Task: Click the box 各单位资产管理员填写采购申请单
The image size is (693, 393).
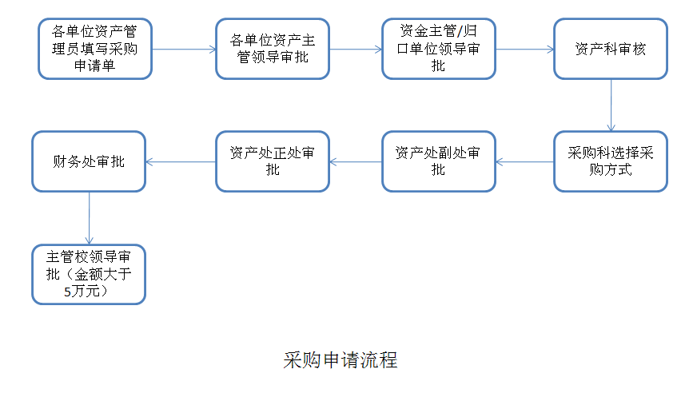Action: pyautogui.click(x=95, y=49)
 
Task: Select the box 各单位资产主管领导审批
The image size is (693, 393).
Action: pyautogui.click(x=273, y=49)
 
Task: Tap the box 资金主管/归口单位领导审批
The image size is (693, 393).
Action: pyautogui.click(x=439, y=49)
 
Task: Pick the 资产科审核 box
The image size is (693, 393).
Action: pyautogui.click(x=610, y=49)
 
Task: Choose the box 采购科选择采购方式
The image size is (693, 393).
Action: pyautogui.click(x=610, y=161)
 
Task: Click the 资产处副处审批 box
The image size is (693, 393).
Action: pyautogui.click(x=439, y=161)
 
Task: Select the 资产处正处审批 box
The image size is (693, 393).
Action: pyautogui.click(x=273, y=161)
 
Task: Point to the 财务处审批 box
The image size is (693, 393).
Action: pyautogui.click(x=89, y=161)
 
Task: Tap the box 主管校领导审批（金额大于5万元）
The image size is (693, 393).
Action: pyautogui.click(x=89, y=274)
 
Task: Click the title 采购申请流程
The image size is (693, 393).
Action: pyautogui.click(x=340, y=359)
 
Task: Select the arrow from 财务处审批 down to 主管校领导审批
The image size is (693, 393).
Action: pyautogui.click(x=89, y=218)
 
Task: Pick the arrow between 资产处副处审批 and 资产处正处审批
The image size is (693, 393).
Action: pyautogui.click(x=356, y=162)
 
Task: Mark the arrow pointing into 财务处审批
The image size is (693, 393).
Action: pyautogui.click(x=181, y=162)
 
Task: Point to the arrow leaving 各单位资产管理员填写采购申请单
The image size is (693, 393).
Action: pyautogui.click(x=184, y=49)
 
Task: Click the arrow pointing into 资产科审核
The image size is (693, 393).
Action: pyautogui.click(x=524, y=49)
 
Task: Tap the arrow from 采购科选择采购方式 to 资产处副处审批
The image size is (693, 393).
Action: pyautogui.click(x=524, y=162)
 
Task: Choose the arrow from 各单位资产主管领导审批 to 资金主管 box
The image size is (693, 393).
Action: pyautogui.click(x=356, y=49)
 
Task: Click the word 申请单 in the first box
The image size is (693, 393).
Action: pyautogui.click(x=95, y=65)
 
